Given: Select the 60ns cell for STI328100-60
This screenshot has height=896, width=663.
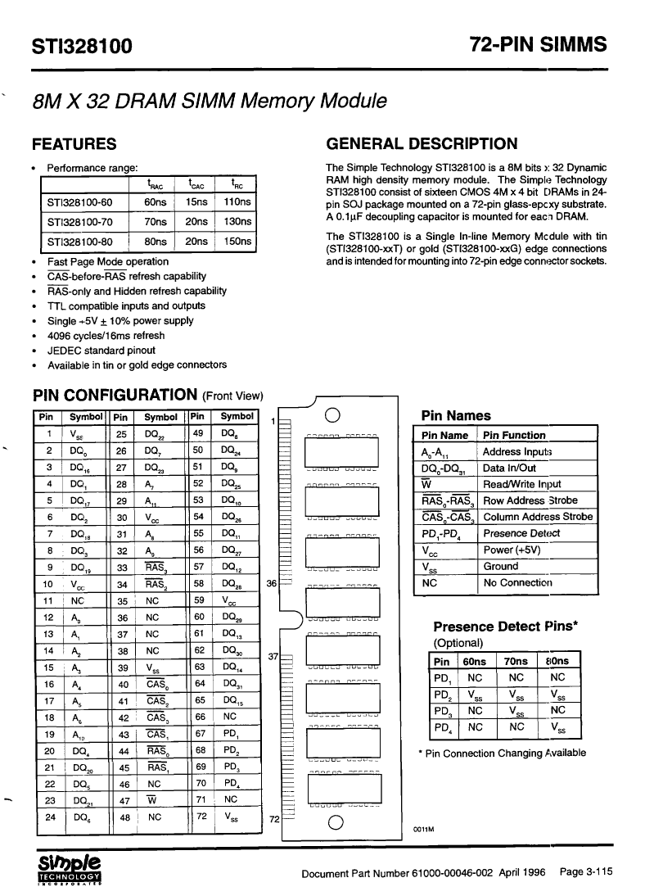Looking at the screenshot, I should click(x=155, y=202).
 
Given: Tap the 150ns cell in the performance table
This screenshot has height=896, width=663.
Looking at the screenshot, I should click(x=237, y=242).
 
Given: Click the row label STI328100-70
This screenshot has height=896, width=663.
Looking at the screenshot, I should click(x=79, y=222).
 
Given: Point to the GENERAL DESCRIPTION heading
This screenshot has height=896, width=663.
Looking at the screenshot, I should click(x=422, y=144).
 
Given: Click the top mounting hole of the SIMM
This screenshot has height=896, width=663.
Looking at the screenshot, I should click(x=333, y=414).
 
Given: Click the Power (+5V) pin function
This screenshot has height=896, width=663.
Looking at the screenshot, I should click(x=512, y=550).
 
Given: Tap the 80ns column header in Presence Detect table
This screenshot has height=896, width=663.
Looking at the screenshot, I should click(x=557, y=661).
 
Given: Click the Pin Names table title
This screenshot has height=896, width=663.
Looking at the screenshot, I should click(x=455, y=415).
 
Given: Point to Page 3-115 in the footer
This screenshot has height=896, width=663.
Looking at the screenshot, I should click(x=585, y=871).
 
